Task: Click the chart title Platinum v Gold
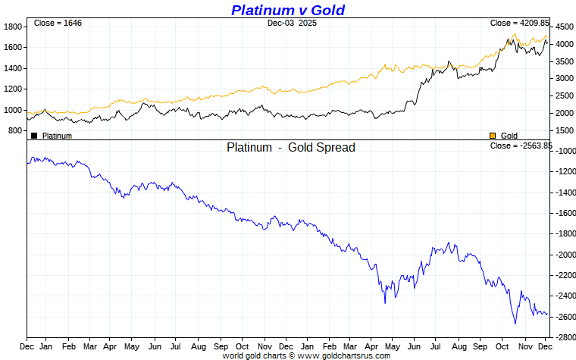tap(287, 10)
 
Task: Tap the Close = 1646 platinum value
tap(58, 23)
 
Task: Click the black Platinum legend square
tap(34, 136)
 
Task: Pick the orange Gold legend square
tap(493, 136)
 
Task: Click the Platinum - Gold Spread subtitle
tap(290, 148)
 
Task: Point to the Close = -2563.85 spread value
tap(521, 146)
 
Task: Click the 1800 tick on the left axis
tap(14, 27)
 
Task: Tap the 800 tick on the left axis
tap(16, 131)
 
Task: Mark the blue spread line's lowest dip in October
tap(515, 324)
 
